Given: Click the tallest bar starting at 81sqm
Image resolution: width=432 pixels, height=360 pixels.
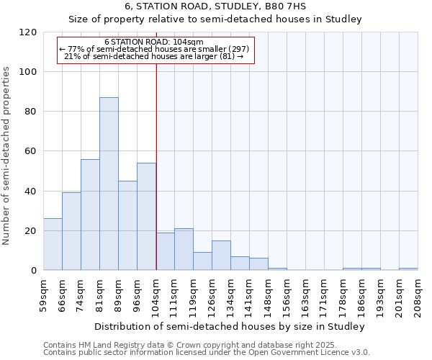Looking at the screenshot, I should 109,184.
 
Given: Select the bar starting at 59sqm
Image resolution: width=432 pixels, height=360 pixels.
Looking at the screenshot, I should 53,244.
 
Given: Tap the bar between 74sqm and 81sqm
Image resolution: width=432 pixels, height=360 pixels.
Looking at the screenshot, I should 90,215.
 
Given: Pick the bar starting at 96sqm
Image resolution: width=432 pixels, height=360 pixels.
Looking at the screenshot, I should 146,216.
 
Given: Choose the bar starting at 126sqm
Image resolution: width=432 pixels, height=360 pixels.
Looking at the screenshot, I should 221,256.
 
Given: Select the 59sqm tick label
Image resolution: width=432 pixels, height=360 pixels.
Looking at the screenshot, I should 43,294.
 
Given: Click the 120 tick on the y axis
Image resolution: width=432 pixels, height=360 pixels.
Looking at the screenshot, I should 28,32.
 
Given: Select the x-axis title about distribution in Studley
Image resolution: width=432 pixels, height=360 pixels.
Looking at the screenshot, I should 230,326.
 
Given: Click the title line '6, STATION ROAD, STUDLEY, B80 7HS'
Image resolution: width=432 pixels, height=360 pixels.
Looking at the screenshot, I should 216,6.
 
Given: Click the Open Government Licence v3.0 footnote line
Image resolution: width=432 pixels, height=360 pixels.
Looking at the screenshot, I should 206,353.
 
